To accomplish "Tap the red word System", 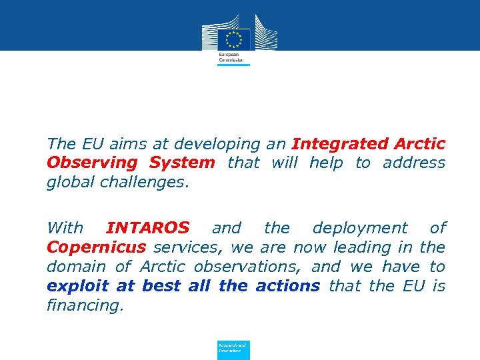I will pos(182,163).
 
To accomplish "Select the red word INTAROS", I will pos(148,228).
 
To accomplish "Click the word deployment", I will pos(360,228).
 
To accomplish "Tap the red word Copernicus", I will pos(96,247).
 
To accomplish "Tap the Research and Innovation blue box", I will pos(233,349).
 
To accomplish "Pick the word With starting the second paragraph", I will pos(65,228).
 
